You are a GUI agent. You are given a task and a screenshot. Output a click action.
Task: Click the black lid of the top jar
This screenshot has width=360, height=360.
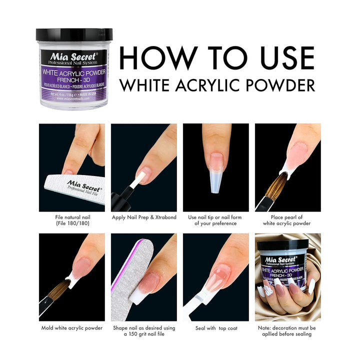point(74,34)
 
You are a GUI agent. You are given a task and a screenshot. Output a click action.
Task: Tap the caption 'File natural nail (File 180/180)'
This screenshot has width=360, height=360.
point(72,220)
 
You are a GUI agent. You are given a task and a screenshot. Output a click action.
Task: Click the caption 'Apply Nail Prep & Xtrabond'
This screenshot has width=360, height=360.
point(143,218)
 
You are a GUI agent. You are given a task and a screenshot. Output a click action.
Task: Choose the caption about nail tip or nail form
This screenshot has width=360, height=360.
point(215,220)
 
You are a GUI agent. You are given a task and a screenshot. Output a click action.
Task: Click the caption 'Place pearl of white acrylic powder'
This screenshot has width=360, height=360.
point(287,220)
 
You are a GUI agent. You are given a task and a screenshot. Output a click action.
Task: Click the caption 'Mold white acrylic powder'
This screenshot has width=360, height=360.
point(72,328)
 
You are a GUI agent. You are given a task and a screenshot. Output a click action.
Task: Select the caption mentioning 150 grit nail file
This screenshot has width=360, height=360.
point(143,330)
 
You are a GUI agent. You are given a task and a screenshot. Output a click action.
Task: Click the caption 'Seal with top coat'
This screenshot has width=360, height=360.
point(215,328)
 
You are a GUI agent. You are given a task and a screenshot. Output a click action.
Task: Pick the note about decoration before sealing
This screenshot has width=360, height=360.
point(287,330)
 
